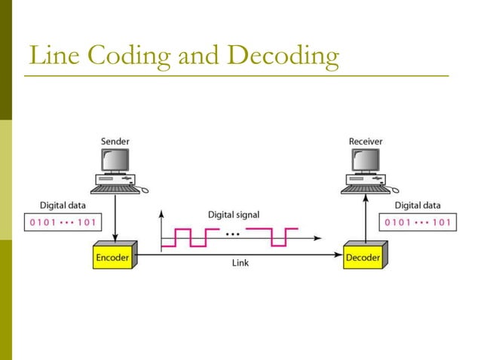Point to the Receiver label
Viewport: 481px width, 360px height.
[x=366, y=141]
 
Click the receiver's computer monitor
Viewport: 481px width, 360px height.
[x=366, y=160]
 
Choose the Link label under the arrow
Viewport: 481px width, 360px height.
[x=240, y=264]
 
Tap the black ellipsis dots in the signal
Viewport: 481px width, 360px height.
[x=234, y=233]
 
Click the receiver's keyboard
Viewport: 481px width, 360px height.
[x=365, y=188]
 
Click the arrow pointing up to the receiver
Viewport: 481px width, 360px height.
[x=366, y=218]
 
